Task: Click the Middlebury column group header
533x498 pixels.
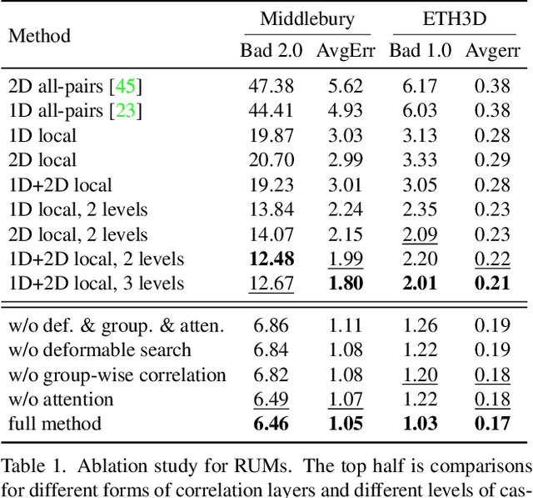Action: pyautogui.click(x=306, y=18)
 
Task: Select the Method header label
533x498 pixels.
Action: pyautogui.click(x=39, y=36)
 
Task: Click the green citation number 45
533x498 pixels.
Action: pyautogui.click(x=127, y=85)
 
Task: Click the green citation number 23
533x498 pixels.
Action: pyautogui.click(x=128, y=110)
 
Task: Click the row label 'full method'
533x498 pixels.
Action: pyautogui.click(x=54, y=424)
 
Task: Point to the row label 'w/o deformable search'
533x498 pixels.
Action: pyautogui.click(x=99, y=350)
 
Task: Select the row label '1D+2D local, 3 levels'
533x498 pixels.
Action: pyautogui.click(x=96, y=284)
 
